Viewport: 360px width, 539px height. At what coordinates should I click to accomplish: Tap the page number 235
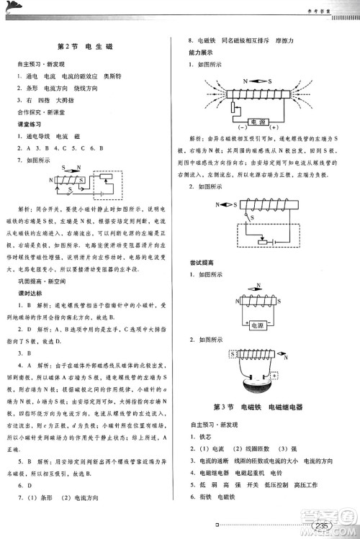(321, 527)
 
